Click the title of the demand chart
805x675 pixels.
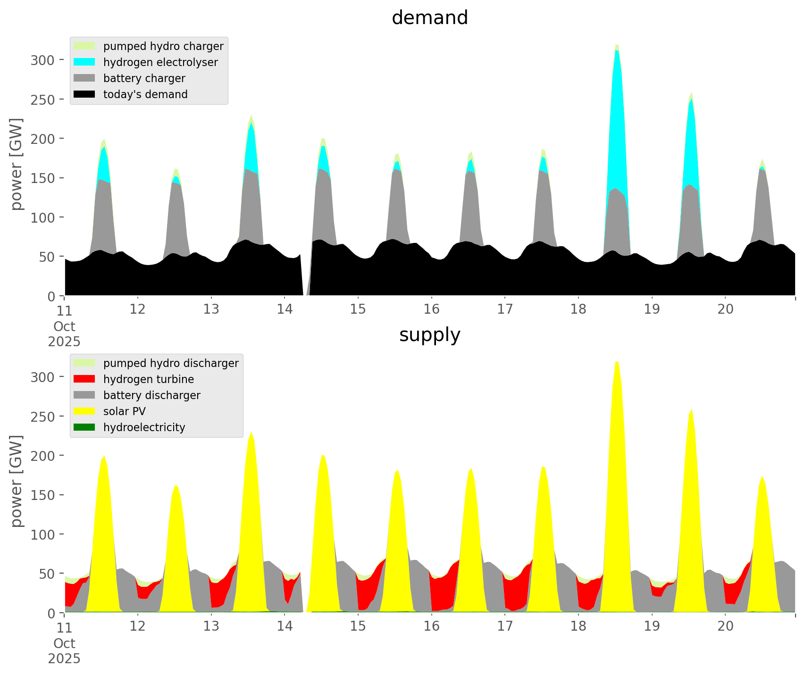[429, 18]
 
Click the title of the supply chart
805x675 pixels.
[429, 335]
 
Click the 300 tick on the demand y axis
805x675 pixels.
[43, 60]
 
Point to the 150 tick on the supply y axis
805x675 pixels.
[43, 495]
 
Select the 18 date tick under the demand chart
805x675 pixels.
[579, 309]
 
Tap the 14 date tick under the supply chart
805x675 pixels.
[285, 626]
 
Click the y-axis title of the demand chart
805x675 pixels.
[16, 164]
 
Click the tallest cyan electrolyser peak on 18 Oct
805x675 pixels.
[617, 118]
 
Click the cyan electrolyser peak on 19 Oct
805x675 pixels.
[691, 142]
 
